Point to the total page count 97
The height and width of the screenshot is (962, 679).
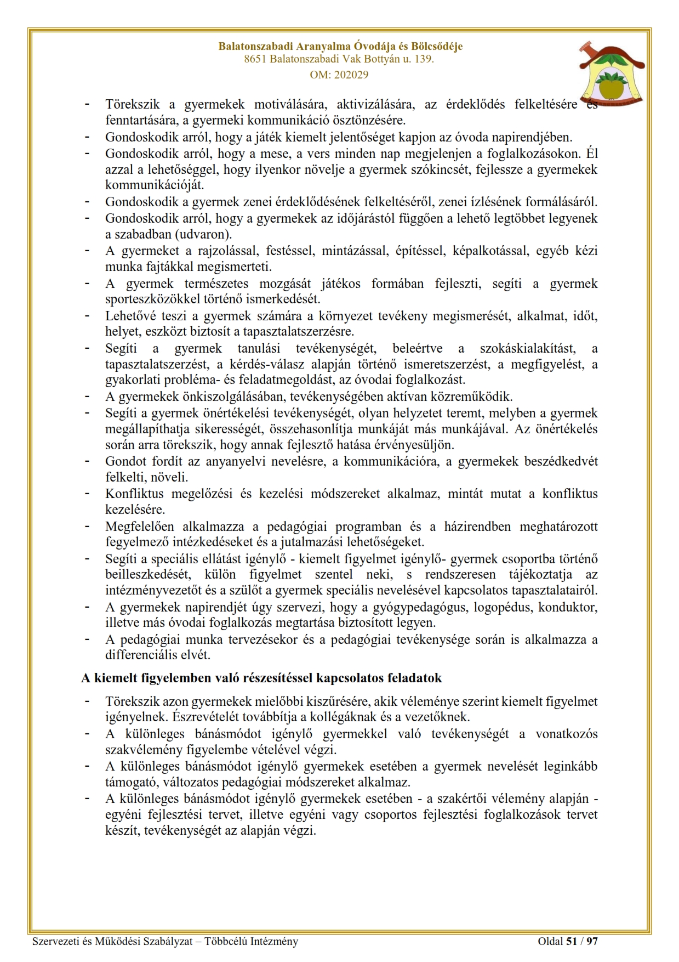592,942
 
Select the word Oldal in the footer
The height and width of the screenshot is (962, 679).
550,942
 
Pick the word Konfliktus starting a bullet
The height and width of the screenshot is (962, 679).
133,494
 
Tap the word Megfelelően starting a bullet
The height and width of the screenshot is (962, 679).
140,527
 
